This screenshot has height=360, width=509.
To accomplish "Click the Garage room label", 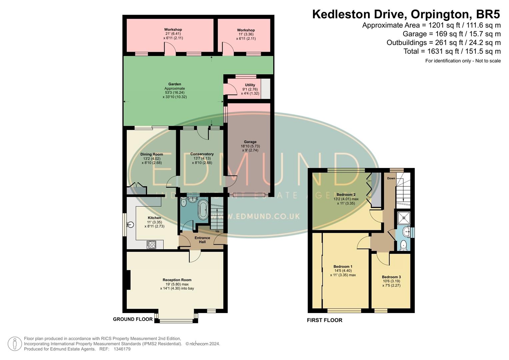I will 250,142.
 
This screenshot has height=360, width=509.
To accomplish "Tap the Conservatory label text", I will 202,154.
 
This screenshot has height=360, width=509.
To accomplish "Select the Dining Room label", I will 152,154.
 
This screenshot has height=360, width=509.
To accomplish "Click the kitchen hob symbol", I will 151,245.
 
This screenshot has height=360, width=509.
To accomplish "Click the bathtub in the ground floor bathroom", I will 203,210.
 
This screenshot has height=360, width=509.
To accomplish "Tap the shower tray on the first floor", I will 404,218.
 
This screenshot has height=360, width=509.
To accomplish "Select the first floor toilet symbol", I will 404,245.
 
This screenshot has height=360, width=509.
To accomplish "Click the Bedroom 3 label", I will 391,277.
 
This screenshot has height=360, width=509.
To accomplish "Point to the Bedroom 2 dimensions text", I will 346,201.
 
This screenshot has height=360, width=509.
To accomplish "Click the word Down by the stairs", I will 391,178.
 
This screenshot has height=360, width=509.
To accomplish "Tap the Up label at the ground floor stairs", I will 217,231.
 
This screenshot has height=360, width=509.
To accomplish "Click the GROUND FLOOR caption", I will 133,319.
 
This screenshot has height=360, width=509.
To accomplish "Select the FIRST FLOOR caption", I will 324,320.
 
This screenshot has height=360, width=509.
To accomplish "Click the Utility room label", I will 250,85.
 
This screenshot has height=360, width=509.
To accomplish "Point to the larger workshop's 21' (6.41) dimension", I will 173,34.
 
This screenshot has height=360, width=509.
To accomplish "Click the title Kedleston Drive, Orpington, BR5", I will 406,14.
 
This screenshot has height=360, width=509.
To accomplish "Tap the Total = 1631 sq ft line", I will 452,51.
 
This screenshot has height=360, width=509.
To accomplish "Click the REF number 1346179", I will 122,349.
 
